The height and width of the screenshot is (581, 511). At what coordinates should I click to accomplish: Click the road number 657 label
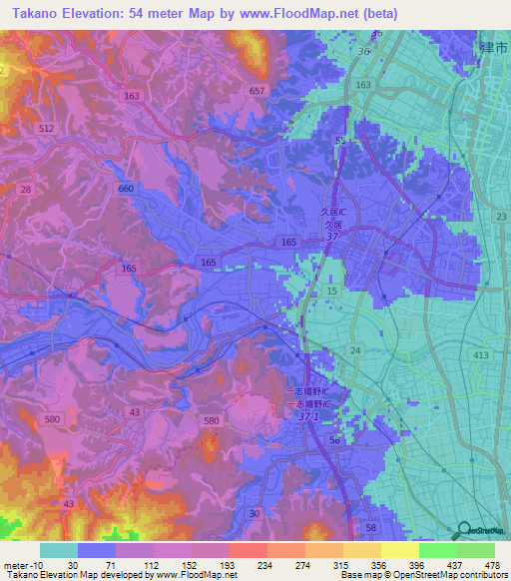[257, 91]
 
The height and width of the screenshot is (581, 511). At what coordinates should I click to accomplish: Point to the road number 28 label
[26, 189]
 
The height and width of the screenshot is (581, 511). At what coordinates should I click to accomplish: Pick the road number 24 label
[354, 350]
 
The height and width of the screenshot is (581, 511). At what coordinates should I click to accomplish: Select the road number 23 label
[500, 217]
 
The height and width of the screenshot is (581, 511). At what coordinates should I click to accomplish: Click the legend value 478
[491, 565]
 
